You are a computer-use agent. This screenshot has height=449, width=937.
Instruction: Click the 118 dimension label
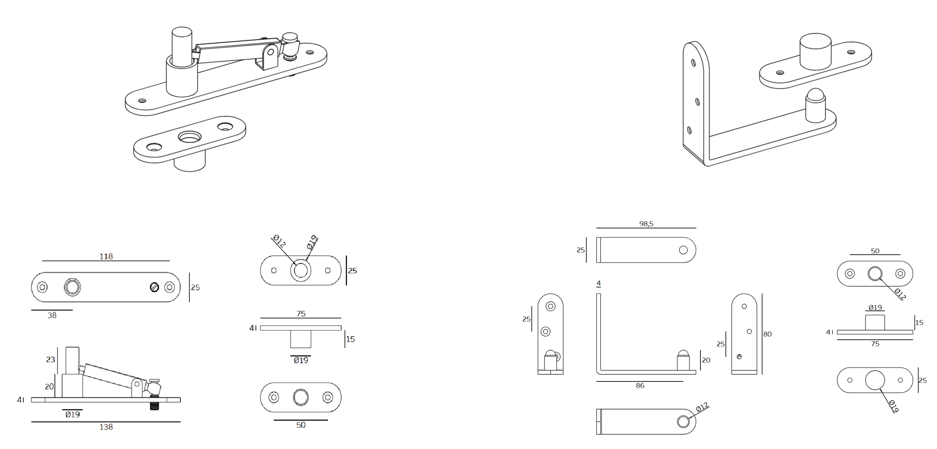click(x=106, y=256)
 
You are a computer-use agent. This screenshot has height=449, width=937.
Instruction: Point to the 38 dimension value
click(x=52, y=315)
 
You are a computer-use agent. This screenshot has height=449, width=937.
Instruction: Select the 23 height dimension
click(x=50, y=359)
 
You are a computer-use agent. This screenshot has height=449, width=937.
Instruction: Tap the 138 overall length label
click(x=106, y=427)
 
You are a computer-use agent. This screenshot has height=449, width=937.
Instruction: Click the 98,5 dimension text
click(x=646, y=224)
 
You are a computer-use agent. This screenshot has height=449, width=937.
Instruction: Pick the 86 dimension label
click(x=640, y=386)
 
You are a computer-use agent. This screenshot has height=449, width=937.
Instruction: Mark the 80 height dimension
click(x=767, y=334)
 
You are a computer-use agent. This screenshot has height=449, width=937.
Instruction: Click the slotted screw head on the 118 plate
click(x=154, y=287)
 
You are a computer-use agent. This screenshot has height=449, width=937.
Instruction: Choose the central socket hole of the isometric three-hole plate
click(x=190, y=137)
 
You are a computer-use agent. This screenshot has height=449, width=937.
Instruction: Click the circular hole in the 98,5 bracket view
click(x=683, y=250)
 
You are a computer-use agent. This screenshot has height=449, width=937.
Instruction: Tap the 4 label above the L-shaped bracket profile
click(x=599, y=283)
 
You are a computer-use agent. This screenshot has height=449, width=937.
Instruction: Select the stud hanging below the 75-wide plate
click(x=301, y=339)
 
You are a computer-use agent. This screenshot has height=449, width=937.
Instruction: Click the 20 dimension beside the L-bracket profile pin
click(x=706, y=360)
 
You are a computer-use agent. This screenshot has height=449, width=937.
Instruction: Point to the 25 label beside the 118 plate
click(x=195, y=288)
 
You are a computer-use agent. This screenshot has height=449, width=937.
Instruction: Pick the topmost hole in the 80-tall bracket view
click(x=744, y=306)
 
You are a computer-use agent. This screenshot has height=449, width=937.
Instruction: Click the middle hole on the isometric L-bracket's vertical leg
click(x=698, y=102)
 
